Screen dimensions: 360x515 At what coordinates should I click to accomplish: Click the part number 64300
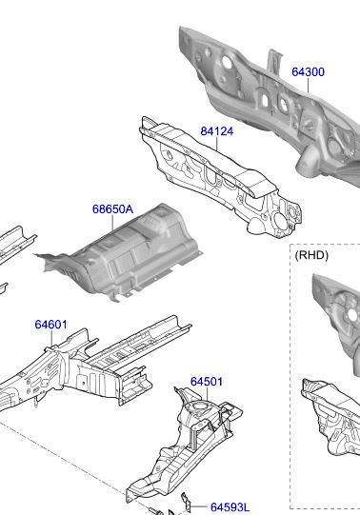tap(308, 72)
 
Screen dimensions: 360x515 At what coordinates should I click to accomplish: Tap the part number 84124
tap(217, 131)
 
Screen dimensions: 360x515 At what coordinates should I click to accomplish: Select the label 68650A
tap(112, 208)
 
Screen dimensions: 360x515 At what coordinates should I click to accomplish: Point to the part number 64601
tap(50, 325)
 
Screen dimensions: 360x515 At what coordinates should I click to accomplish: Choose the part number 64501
tap(207, 382)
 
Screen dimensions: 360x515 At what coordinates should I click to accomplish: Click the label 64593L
tap(230, 507)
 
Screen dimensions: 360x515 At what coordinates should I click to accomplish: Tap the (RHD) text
tap(311, 255)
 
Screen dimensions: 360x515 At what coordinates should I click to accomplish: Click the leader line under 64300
tap(309, 86)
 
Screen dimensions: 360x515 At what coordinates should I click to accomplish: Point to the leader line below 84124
tap(217, 144)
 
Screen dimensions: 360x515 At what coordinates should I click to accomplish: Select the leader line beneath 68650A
tap(112, 223)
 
